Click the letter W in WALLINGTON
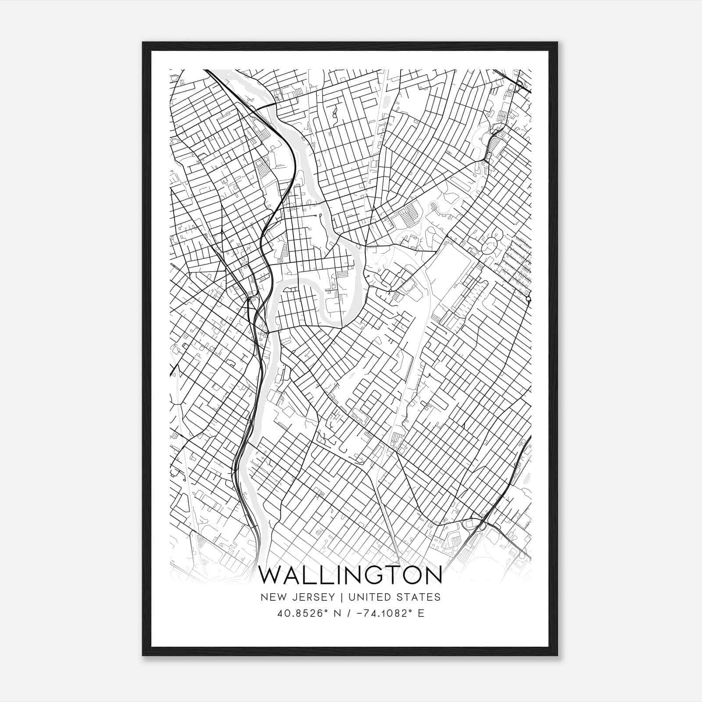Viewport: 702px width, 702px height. point(272,575)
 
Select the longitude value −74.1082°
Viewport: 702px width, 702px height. point(381,613)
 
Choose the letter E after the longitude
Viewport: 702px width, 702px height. point(421,613)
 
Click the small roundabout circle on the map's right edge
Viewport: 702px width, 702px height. point(528,299)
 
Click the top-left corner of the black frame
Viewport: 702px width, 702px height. point(143,43)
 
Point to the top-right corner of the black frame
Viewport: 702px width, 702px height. point(557,43)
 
